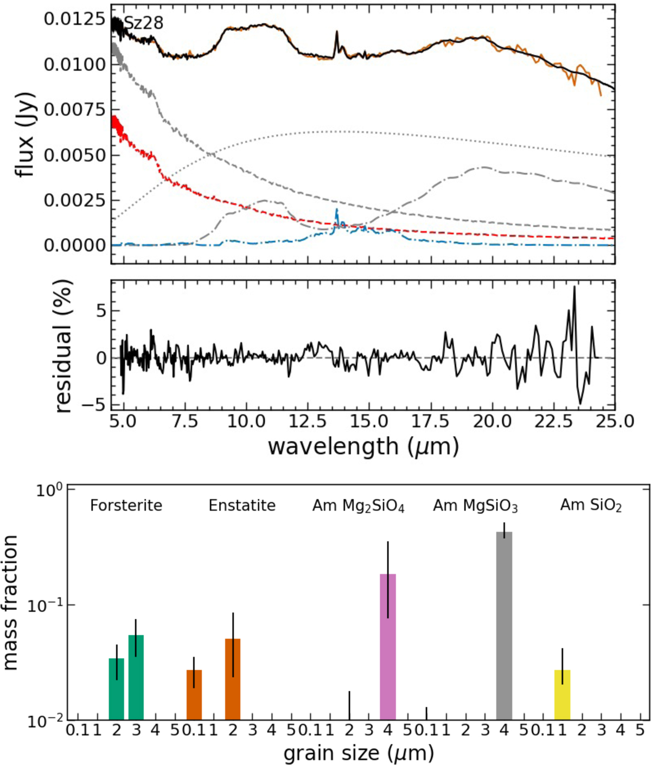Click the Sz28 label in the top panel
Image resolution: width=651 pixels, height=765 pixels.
point(144,23)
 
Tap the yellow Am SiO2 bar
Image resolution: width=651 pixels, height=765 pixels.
point(562,695)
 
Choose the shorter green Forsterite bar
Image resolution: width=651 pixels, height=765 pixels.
point(117,689)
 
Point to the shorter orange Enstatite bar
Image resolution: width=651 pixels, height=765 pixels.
point(194,695)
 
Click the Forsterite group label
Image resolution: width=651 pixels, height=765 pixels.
point(126,506)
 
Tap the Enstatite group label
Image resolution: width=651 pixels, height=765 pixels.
point(242,506)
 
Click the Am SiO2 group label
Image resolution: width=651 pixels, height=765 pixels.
point(591,506)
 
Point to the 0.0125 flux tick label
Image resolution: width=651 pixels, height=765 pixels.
point(75,19)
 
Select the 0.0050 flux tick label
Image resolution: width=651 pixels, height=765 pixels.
point(75,155)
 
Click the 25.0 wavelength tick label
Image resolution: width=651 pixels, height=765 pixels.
point(615,422)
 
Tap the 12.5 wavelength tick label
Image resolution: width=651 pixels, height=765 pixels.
point(308,422)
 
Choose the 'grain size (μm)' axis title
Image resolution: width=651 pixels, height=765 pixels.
point(359,753)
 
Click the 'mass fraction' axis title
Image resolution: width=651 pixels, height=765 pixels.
point(11,602)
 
